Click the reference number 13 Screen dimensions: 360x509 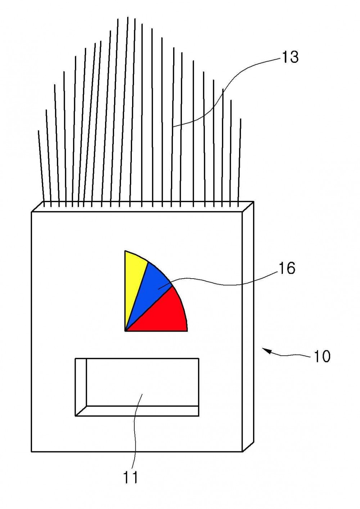click(290, 57)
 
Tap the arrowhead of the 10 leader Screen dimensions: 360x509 click(266, 351)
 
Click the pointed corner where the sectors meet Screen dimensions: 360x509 click(125, 330)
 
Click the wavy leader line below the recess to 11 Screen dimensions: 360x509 click(136, 432)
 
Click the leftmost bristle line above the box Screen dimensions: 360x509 click(41, 168)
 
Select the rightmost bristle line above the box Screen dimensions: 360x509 click(239, 163)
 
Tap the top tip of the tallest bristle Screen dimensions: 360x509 click(128, 17)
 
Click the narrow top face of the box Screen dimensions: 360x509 click(143, 207)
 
